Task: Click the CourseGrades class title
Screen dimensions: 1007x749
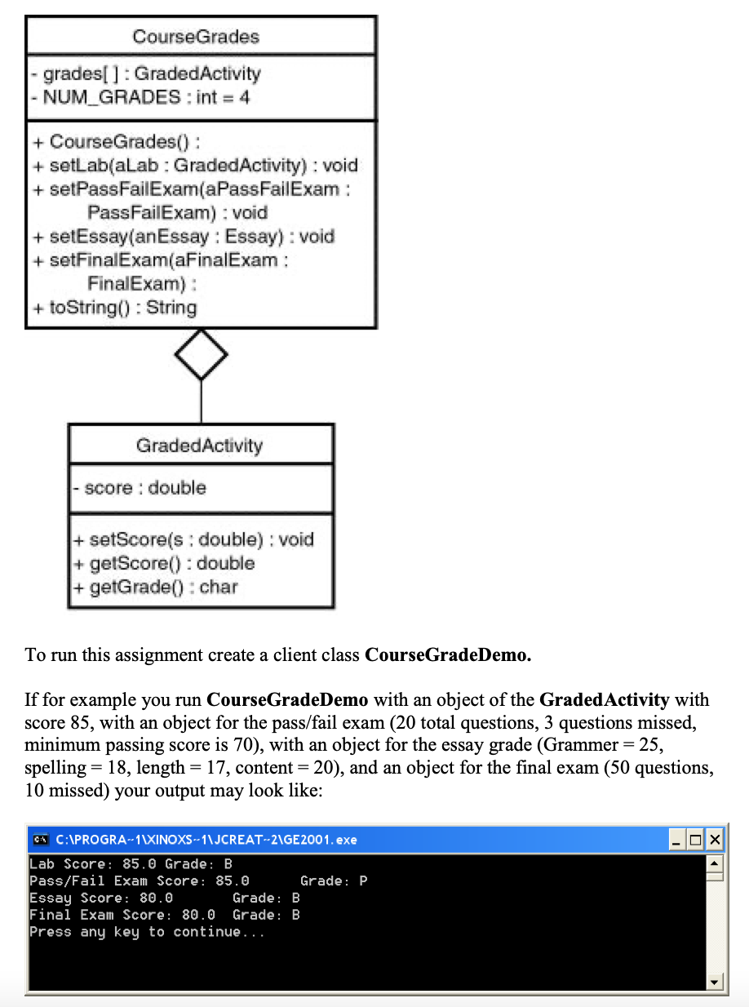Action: point(196,37)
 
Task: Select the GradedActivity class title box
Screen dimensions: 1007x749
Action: point(200,446)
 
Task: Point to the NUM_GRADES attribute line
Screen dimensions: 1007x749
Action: point(142,97)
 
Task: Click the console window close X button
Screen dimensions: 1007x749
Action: point(714,840)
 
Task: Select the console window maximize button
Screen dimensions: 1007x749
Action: point(696,840)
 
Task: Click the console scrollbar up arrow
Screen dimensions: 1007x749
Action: point(714,863)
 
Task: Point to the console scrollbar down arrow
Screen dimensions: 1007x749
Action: point(714,983)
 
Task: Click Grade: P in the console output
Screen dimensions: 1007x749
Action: point(334,881)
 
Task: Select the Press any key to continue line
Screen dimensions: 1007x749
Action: point(147,932)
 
